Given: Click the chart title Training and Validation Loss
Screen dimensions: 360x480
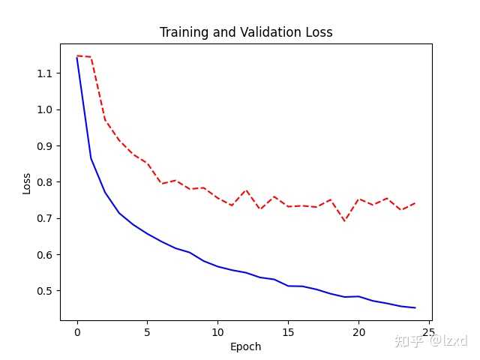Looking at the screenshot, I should [x=246, y=33].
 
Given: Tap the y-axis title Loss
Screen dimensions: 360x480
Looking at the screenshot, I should [x=27, y=183].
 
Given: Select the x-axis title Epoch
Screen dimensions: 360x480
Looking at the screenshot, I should [x=246, y=346].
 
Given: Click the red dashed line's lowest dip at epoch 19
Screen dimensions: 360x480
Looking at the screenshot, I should [x=344, y=220].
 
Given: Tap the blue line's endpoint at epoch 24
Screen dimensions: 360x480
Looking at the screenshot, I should [x=415, y=307].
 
